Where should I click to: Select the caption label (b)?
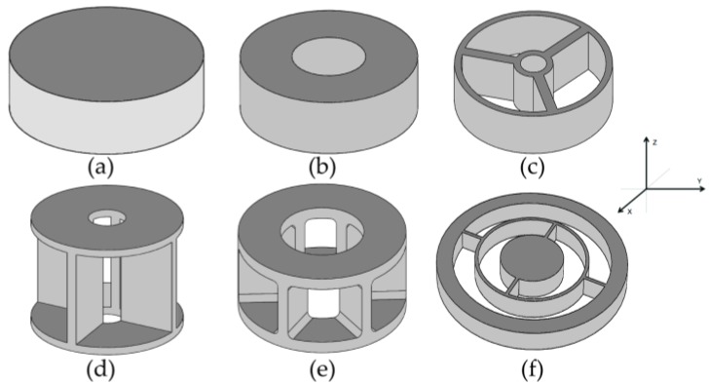point(323,167)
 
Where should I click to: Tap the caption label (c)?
point(533,167)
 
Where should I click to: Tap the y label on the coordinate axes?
point(700,180)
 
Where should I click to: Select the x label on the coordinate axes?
point(630,211)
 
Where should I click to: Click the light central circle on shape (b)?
point(330,57)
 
